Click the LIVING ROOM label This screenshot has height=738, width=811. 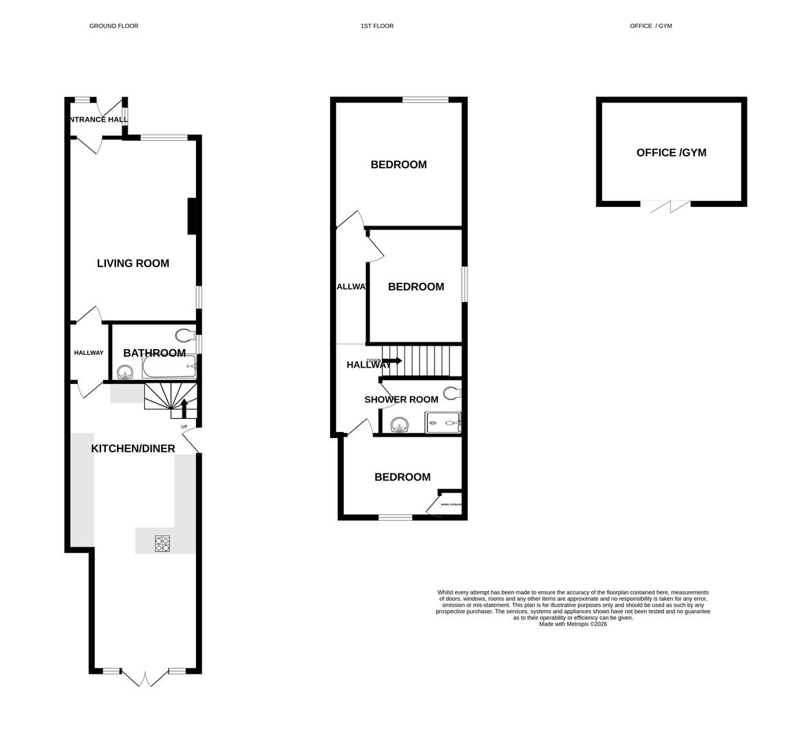pyautogui.click(x=133, y=263)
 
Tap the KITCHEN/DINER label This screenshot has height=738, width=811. pyautogui.click(x=133, y=449)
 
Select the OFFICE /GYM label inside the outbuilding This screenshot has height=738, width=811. pyautogui.click(x=671, y=152)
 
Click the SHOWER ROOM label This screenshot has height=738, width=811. pyautogui.click(x=401, y=400)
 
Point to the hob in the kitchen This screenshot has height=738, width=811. pyautogui.click(x=163, y=543)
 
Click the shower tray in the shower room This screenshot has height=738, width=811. pyautogui.click(x=443, y=423)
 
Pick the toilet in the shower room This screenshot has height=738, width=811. pyautogui.click(x=452, y=393)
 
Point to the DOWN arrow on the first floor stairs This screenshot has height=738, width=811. pyautogui.click(x=391, y=360)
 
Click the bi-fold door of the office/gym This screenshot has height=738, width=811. pyautogui.click(x=665, y=205)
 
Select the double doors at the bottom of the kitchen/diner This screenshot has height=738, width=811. pyautogui.click(x=145, y=676)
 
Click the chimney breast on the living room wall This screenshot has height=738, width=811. pyautogui.click(x=193, y=217)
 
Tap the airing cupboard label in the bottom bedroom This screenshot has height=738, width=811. pyautogui.click(x=451, y=505)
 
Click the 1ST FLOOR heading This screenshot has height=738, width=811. pyautogui.click(x=377, y=26)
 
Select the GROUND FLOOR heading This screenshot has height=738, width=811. pyautogui.click(x=113, y=26)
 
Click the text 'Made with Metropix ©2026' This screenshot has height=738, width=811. pyautogui.click(x=573, y=624)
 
